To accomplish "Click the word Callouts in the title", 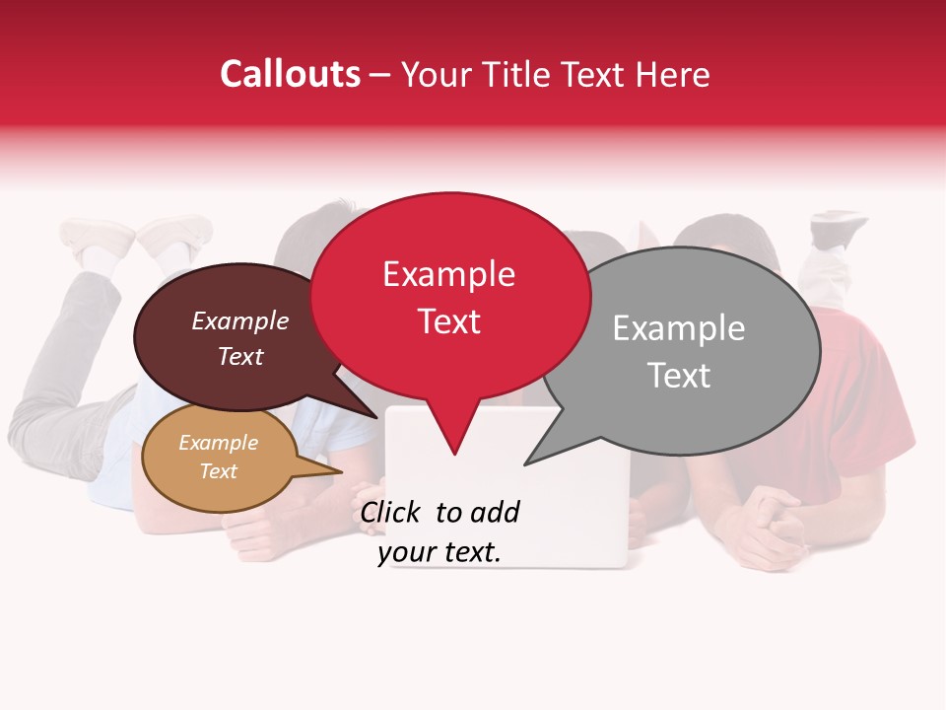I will pos(290,74).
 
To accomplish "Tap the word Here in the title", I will pos(673,75).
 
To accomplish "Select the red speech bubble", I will pos(449,296).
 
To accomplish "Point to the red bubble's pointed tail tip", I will pos(454,453).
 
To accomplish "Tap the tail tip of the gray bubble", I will pos(527,462).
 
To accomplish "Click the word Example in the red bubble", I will pos(448,274).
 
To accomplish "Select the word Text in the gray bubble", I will pos(679,376).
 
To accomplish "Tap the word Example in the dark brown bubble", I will pos(240,321).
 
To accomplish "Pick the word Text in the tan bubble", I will pos(218,471).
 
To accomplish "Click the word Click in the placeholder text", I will pos(390,512).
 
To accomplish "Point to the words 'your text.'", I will pos(439,553).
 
